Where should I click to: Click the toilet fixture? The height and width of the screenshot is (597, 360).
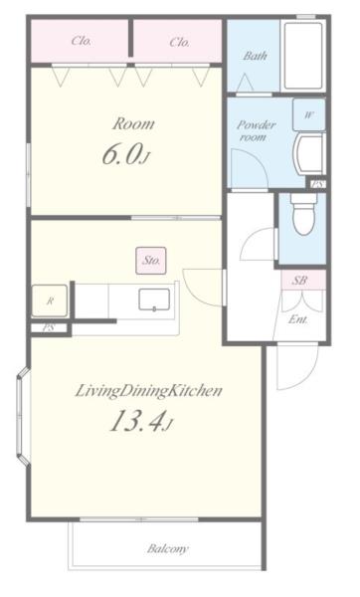(x=303, y=214)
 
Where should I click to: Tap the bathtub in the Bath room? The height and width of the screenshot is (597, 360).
(x=303, y=56)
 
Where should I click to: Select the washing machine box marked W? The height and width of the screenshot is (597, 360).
(x=308, y=114)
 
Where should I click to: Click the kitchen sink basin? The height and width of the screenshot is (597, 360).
(x=154, y=299)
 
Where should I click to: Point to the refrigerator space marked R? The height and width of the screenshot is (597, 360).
(x=50, y=300)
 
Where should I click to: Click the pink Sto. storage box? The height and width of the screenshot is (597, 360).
(x=151, y=261)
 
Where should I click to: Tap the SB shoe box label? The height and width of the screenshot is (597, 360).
(x=299, y=281)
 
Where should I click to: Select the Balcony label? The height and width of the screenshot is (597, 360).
(x=168, y=548)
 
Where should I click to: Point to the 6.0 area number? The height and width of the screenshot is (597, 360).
(x=126, y=154)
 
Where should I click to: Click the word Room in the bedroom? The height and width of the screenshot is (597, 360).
(x=133, y=123)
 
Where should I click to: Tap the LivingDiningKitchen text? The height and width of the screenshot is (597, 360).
(x=148, y=391)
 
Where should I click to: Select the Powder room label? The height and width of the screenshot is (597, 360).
(x=257, y=130)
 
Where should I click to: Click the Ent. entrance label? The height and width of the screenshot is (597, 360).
(x=298, y=319)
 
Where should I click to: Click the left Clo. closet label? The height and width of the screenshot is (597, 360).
(x=82, y=41)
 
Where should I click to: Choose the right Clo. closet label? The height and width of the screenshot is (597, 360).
(x=180, y=42)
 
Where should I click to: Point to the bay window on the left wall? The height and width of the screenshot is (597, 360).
(x=23, y=416)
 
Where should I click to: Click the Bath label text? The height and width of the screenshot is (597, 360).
(x=255, y=56)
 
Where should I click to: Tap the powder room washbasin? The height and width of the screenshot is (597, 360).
(x=309, y=153)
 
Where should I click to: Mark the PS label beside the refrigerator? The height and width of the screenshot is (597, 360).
(x=49, y=327)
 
